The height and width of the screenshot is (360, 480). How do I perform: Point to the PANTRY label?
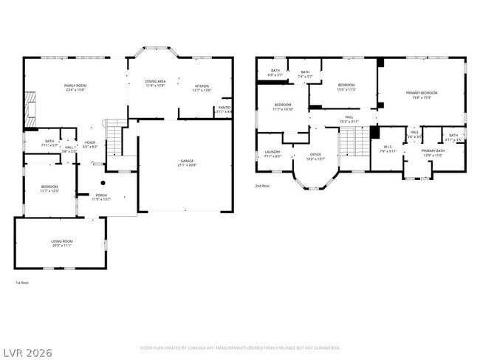pos(224,109)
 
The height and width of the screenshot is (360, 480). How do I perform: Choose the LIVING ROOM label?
pos(61,243)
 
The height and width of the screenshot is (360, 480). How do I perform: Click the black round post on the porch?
pos(103,182)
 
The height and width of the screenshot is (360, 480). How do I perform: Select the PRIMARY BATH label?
pos(433,153)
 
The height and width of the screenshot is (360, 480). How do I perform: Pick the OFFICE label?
pos(315,156)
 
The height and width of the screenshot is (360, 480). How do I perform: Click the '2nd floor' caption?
pos(262,186)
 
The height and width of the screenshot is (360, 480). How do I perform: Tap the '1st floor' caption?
pos(22,283)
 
